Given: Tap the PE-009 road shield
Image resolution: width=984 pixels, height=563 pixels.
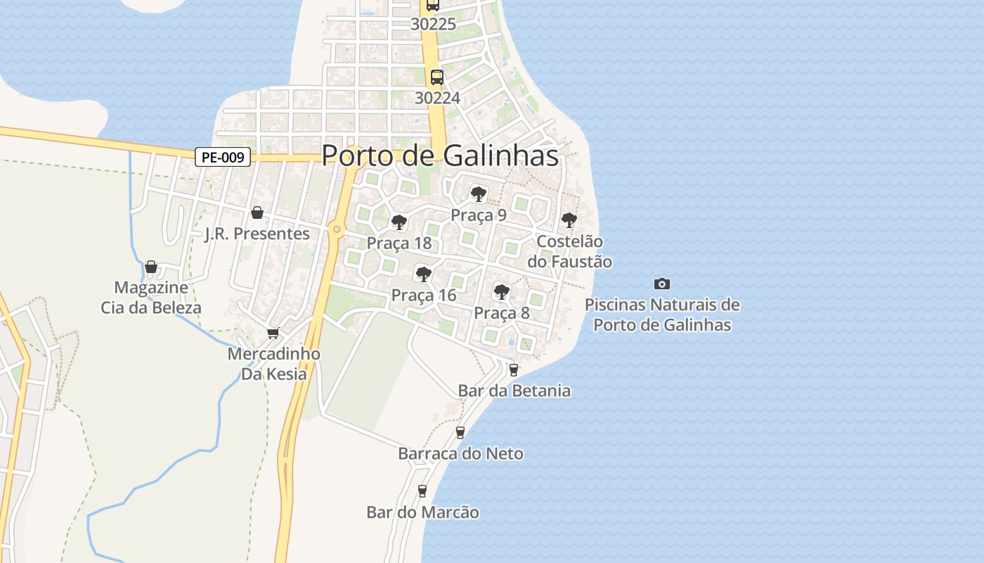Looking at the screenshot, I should point(223,158).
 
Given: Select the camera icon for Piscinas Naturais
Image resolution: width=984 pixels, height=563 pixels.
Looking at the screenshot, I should point(661,284).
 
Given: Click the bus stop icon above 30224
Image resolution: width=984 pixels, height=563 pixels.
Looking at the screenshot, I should point(436,77).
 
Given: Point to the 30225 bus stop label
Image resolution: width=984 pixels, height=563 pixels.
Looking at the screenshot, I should point(433,24).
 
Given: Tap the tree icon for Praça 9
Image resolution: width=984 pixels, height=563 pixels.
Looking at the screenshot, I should point(479,194).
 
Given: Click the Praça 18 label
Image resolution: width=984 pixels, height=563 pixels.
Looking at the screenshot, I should point(399,243).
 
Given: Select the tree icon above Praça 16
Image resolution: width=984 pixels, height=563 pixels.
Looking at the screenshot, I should point(423,274).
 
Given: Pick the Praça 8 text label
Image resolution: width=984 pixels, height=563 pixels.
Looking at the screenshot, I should point(501,313).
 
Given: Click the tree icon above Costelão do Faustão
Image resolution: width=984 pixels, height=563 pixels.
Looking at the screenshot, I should point(569,220).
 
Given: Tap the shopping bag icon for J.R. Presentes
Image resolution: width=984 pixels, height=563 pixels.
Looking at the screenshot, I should point(257,213).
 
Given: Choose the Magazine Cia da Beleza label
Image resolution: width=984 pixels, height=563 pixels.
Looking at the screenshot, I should point(151,298).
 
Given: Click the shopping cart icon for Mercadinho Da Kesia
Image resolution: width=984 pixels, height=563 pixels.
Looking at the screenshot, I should point(273,333).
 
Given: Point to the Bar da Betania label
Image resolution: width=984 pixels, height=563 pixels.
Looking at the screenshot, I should point(514,391).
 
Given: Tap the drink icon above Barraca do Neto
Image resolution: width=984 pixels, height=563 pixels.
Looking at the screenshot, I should point(460,432).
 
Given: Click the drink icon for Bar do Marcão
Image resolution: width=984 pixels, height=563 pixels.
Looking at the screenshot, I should point(422,491).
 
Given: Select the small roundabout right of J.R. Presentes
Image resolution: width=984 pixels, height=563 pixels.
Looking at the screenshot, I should point(337,229).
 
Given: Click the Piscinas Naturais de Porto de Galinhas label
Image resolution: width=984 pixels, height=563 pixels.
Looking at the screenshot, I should point(662,315).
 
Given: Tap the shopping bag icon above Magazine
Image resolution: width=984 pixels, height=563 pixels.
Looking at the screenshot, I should point(150,267).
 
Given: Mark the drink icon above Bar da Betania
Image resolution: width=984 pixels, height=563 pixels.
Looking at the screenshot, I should point(514,369).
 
